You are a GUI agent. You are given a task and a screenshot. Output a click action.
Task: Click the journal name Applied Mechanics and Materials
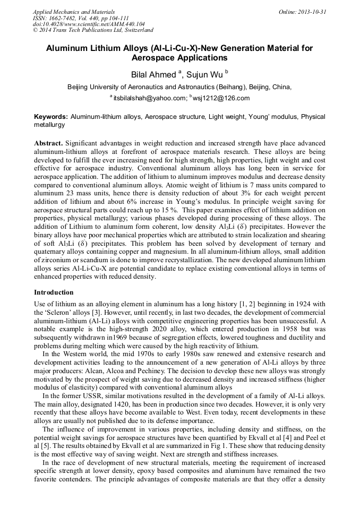pos(73,12)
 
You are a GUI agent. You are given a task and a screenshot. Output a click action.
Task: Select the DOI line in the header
pos(88,24)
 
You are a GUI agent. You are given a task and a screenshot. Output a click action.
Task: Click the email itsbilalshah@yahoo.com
pos(150,99)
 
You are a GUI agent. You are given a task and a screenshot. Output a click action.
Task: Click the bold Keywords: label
pos(51,116)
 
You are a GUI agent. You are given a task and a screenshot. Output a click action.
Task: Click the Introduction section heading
pos(54,292)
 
